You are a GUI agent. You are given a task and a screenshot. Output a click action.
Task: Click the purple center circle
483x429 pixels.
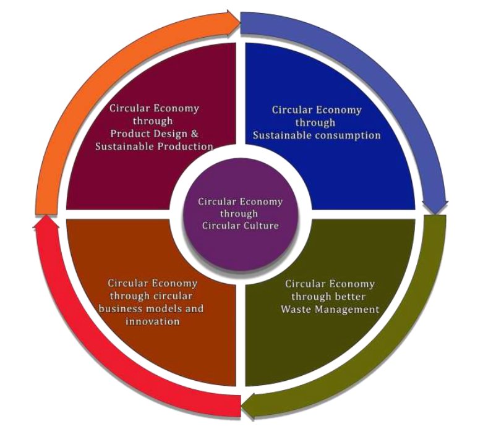coord(241,213)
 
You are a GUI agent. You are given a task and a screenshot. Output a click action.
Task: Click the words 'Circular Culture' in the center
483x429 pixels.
coord(241,225)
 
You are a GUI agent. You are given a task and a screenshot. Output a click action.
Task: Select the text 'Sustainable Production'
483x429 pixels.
coord(154,146)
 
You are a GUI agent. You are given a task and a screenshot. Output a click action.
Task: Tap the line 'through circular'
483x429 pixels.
coord(153,296)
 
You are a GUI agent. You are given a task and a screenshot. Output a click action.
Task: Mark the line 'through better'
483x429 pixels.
coord(329,297)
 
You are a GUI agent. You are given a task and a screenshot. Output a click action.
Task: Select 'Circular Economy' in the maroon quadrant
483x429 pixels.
coord(154,108)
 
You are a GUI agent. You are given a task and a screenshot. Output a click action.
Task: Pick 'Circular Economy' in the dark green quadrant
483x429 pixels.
coord(329,284)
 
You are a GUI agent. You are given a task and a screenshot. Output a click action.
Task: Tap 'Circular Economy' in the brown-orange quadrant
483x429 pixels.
coord(153,283)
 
